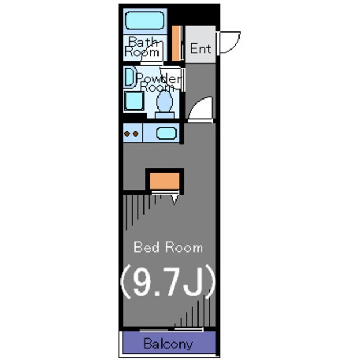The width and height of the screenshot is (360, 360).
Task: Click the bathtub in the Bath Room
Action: coord(145,21)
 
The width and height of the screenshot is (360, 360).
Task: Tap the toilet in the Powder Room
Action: coord(165,105)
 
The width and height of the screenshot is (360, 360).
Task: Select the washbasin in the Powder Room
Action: coord(130,78)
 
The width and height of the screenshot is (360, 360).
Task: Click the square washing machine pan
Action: coord(134,101)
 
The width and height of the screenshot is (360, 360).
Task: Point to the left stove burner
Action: coord(127,133)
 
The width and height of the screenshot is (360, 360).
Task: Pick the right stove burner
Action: coord(136,133)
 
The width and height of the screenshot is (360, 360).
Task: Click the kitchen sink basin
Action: coord(166,133)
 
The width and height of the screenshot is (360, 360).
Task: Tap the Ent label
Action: coord(201,49)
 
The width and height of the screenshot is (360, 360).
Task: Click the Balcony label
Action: coord(168,344)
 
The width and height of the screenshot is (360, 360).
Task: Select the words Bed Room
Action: coord(169,247)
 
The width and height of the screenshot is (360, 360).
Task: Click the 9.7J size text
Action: coord(168,282)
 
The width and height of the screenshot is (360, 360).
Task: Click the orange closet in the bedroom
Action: coord(165,181)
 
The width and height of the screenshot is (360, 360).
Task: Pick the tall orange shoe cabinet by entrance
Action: coord(176,43)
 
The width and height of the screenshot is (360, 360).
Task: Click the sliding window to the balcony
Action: coord(171,330)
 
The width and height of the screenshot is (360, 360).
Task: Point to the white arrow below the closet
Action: coord(174,200)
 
